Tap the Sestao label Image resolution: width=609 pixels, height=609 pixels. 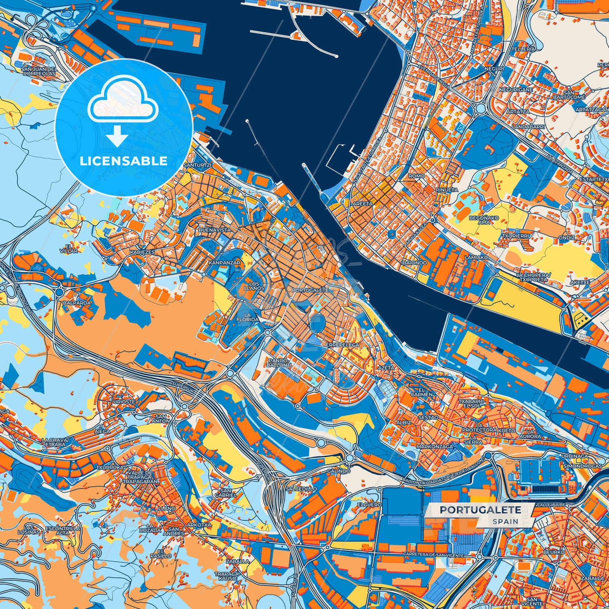pyautogui.click(x=428, y=417)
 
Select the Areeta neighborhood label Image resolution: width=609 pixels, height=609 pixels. pyautogui.click(x=362, y=204)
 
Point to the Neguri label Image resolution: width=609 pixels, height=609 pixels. pyautogui.click(x=494, y=68)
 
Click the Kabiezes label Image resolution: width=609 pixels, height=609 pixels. pyautogui.click(x=142, y=252)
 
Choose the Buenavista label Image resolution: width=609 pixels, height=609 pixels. pyautogui.click(x=215, y=230)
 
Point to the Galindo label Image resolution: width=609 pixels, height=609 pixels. pyautogui.click(x=338, y=471)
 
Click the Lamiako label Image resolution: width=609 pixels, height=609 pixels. pyautogui.click(x=476, y=257)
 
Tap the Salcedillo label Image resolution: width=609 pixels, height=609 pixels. pyautogui.click(x=301, y=489)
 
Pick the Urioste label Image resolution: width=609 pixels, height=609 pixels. pyautogui.click(x=124, y=402)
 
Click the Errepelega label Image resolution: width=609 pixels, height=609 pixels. pyautogui.click(x=342, y=345)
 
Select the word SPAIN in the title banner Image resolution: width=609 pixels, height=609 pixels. pyautogui.click(x=505, y=521)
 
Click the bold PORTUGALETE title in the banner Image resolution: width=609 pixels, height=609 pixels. pyautogui.click(x=480, y=510)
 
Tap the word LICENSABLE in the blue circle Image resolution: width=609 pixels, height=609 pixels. pyautogui.click(x=124, y=161)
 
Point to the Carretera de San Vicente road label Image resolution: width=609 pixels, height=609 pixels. pyautogui.click(x=433, y=555)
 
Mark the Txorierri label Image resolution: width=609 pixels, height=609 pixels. pyautogui.click(x=515, y=236)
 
